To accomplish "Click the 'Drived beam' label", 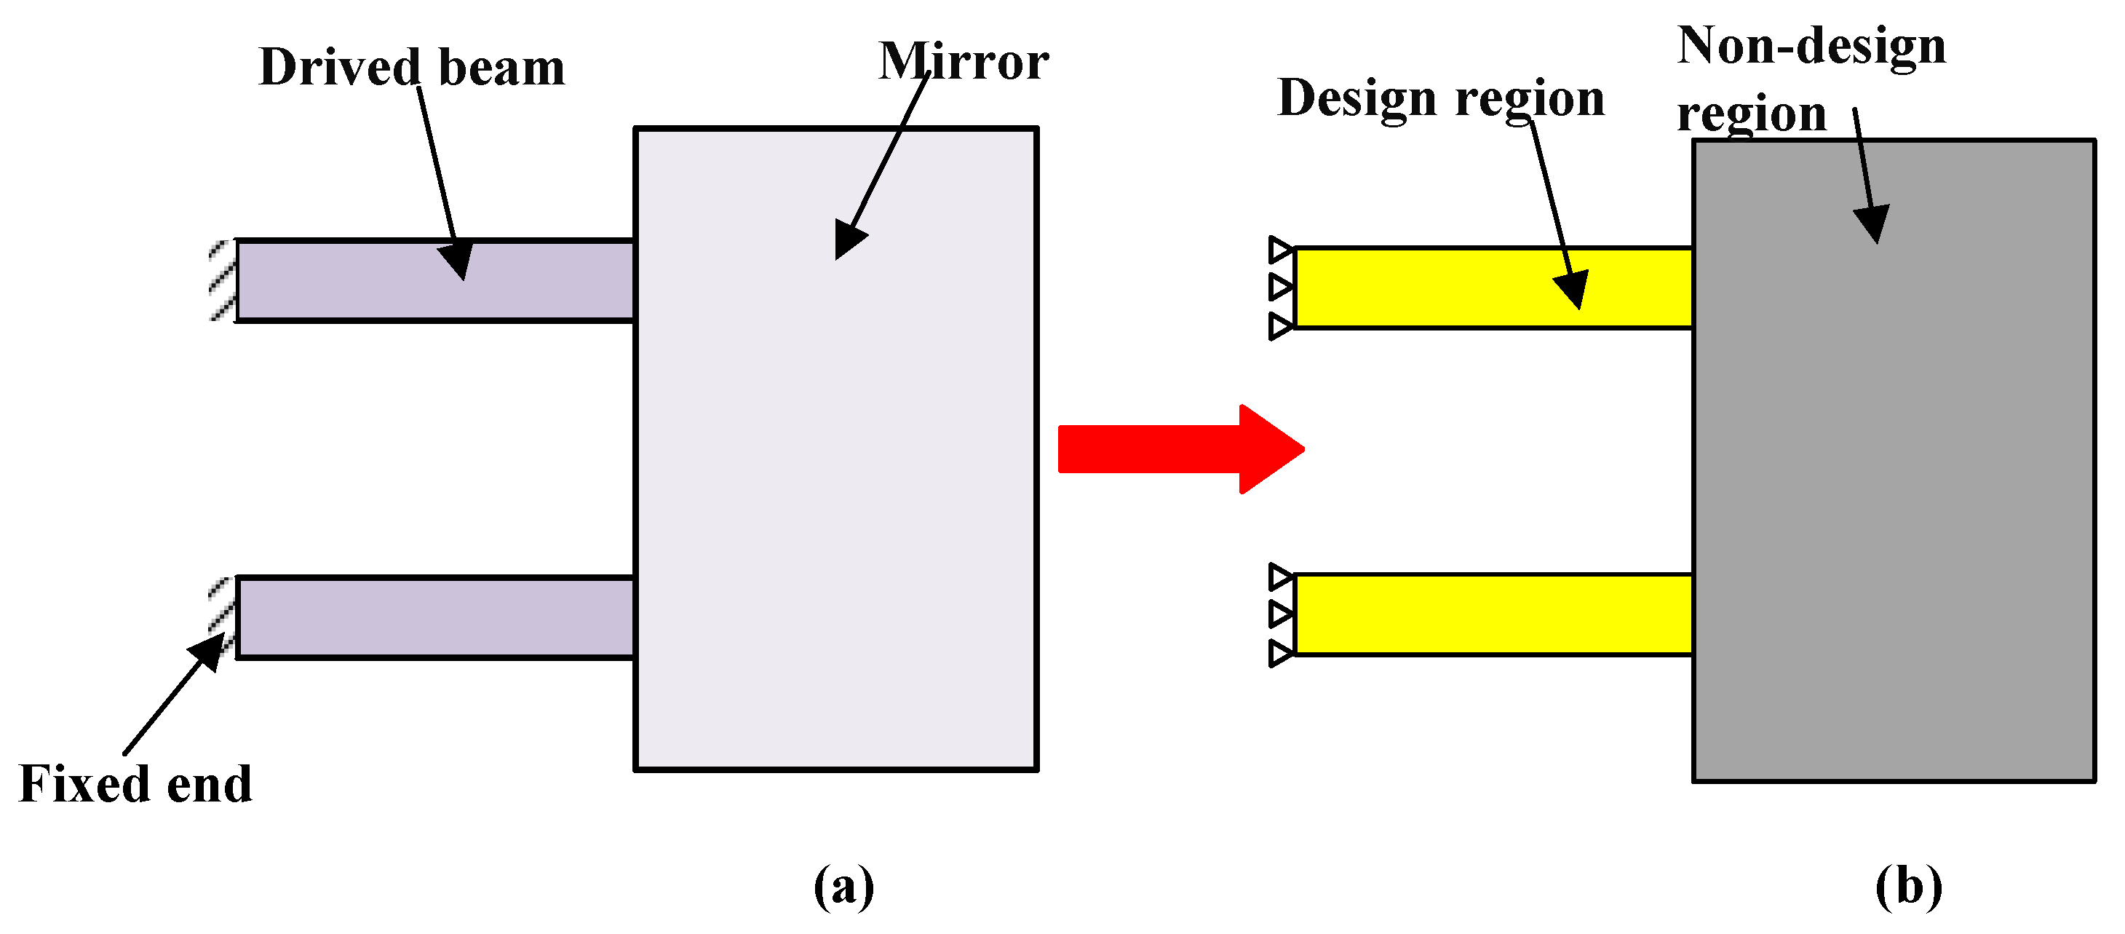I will click(x=412, y=68).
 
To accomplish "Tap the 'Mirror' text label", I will click(x=963, y=62).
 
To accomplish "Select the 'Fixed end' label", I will click(x=135, y=784).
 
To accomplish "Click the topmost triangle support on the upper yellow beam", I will click(x=1280, y=249).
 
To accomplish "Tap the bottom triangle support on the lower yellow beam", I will click(x=1280, y=654).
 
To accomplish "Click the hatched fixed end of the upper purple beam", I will click(x=222, y=280).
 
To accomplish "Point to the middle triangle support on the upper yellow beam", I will click(x=1280, y=287).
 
